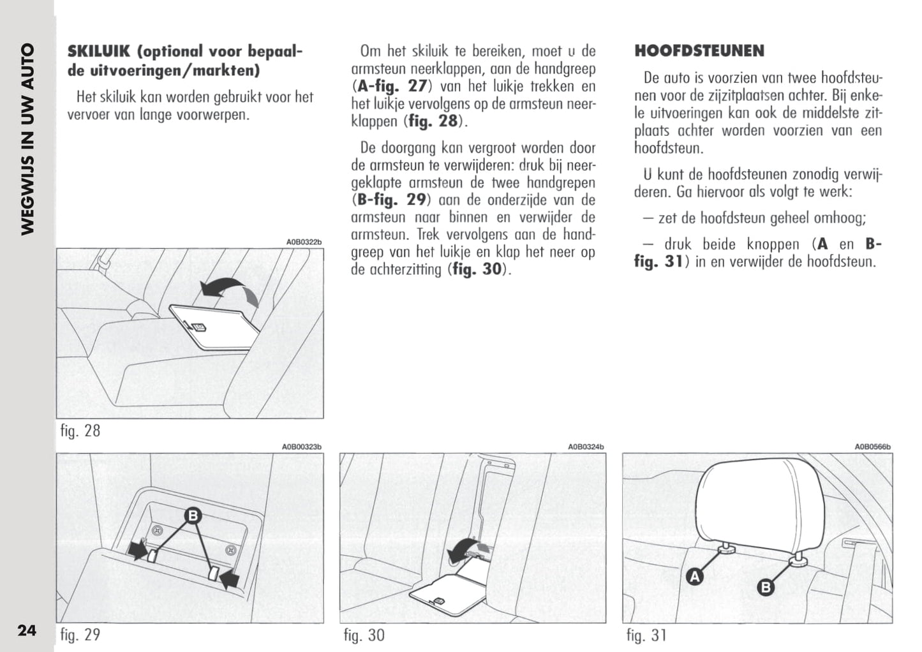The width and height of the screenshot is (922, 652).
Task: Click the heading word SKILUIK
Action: tap(99, 52)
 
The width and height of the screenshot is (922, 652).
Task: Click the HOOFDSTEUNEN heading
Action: tap(699, 51)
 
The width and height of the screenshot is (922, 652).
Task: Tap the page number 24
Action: tap(27, 630)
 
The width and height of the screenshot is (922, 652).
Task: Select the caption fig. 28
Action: tap(80, 431)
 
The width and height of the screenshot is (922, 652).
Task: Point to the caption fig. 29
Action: tap(80, 635)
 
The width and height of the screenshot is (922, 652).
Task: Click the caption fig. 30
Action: tap(364, 635)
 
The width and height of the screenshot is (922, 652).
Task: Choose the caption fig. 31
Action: tap(646, 635)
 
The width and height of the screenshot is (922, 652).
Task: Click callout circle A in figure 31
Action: tap(694, 577)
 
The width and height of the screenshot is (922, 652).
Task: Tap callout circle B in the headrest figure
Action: tap(766, 587)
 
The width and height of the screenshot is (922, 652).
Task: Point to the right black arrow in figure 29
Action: tap(230, 578)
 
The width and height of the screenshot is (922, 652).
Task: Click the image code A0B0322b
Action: tap(304, 242)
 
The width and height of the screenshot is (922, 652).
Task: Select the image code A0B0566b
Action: tap(872, 447)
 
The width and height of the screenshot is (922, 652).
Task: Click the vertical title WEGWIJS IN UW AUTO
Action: tap(27, 139)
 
